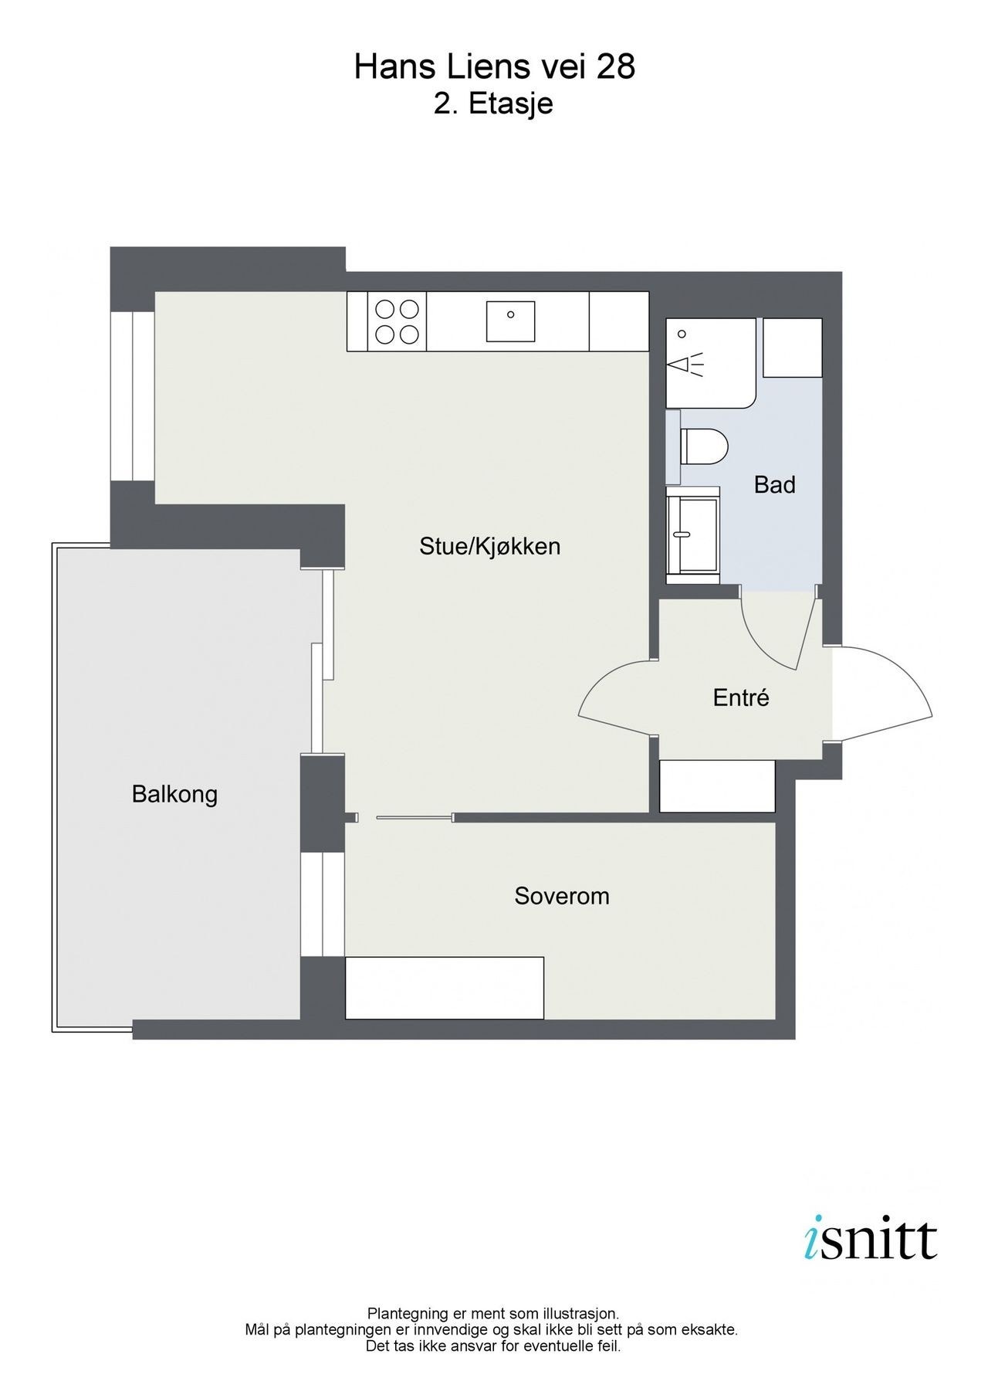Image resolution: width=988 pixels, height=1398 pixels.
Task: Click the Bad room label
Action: pyautogui.click(x=774, y=485)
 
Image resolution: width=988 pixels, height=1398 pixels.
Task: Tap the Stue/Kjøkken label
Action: pyautogui.click(x=489, y=547)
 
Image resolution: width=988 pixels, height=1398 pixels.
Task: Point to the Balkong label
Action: pyautogui.click(x=174, y=794)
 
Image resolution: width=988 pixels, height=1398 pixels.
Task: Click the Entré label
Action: pyautogui.click(x=741, y=698)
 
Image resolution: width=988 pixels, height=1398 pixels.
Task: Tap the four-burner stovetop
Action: pyautogui.click(x=397, y=322)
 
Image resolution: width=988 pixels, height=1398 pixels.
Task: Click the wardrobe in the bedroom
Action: pyautogui.click(x=445, y=988)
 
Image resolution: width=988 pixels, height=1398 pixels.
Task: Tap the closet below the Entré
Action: pyautogui.click(x=717, y=786)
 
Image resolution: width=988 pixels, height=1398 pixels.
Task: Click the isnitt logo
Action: pyautogui.click(x=869, y=1240)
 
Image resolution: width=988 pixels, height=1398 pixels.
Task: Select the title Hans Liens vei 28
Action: pyautogui.click(x=494, y=68)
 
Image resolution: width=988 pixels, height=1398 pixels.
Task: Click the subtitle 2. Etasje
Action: pyautogui.click(x=494, y=103)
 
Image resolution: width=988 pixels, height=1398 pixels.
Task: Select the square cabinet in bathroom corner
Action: pyautogui.click(x=793, y=348)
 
